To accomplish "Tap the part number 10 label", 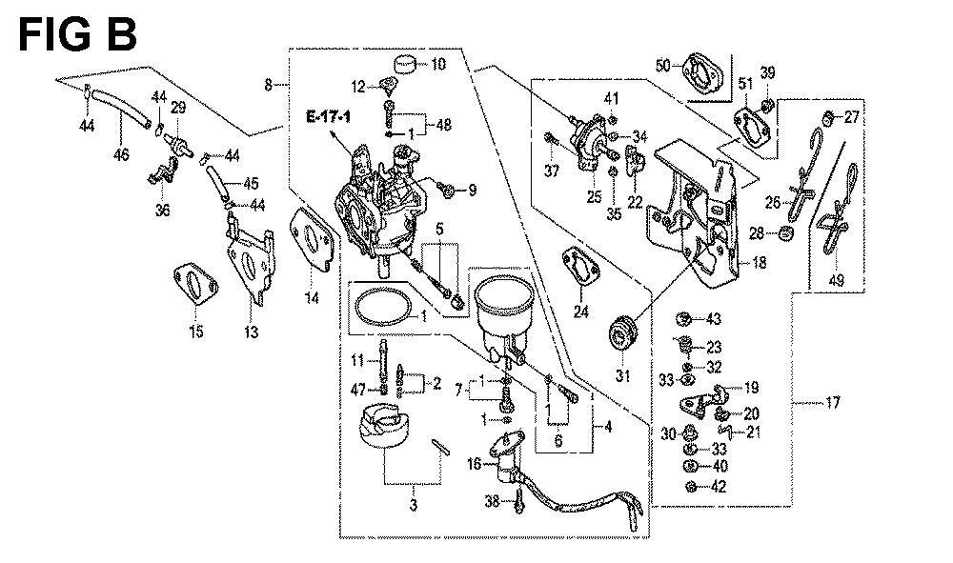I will [438, 65].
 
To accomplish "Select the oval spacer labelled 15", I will [195, 286].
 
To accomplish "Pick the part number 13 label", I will [252, 332].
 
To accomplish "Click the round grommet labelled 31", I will [624, 333].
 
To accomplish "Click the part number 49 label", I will [836, 280].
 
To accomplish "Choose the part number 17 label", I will [833, 403].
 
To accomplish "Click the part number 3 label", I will [413, 506].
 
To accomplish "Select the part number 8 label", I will [270, 86].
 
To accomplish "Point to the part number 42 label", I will [719, 487].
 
